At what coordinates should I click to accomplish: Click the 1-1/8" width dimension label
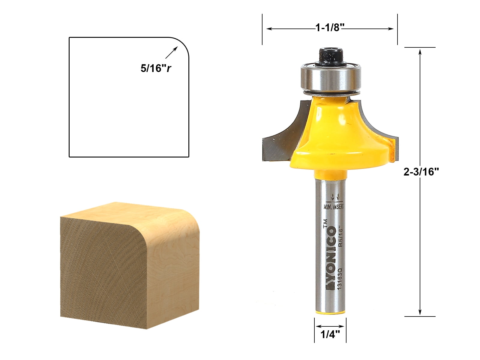click(x=329, y=28)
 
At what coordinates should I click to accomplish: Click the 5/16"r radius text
click(x=156, y=69)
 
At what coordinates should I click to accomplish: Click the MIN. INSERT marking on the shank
click(x=334, y=207)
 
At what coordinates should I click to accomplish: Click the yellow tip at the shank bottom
click(x=330, y=313)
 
